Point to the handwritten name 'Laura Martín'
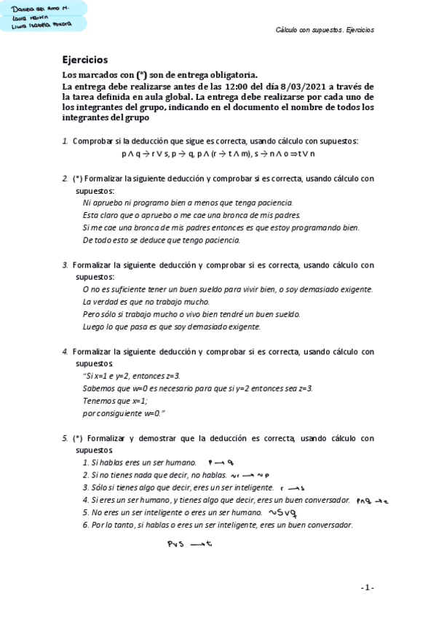pyautogui.click(x=27, y=16)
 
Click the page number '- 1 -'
pyautogui.click(x=367, y=587)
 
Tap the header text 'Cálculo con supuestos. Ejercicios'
pyautogui.click(x=325, y=31)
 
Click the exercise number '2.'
pyautogui.click(x=66, y=178)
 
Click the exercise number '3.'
pyautogui.click(x=66, y=265)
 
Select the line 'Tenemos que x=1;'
pyautogui.click(x=115, y=401)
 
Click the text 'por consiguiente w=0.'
pyautogui.click(x=124, y=413)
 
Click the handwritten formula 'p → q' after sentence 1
pyautogui.click(x=219, y=462)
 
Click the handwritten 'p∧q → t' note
pyautogui.click(x=373, y=500)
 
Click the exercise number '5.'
pyautogui.click(x=66, y=438)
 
